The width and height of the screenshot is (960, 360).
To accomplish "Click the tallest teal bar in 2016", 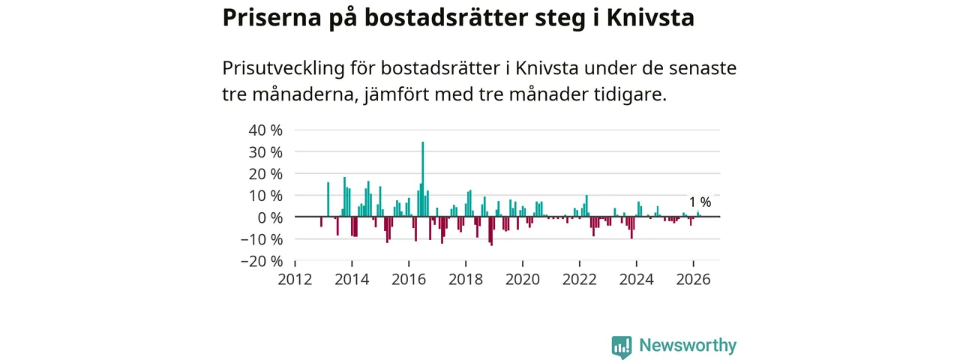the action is tap(422, 179).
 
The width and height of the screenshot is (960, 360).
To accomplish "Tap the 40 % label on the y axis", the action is tap(265, 130).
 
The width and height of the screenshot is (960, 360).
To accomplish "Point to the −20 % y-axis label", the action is tap(262, 261).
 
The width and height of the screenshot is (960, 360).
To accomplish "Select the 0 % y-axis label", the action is tap(270, 217).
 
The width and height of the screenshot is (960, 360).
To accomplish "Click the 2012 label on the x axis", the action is tap(295, 280).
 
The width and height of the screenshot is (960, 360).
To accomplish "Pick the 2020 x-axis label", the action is tap(523, 280).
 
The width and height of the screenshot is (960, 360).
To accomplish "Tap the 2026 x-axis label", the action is tap(693, 280).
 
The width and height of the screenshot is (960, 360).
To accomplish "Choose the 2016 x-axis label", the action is tap(409, 280).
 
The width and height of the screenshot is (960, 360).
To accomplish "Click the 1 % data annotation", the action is tap(700, 202).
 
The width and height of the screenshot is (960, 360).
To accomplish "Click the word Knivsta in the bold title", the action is tap(650, 17).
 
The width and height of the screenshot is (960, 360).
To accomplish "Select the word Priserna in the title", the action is tap(271, 17).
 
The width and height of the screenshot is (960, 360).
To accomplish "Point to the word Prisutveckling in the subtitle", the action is tap(283, 68).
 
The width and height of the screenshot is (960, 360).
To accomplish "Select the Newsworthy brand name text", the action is tap(688, 345).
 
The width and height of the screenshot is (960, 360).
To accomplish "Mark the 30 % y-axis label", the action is tap(265, 152).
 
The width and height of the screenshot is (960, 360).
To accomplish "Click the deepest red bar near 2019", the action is tap(491, 231).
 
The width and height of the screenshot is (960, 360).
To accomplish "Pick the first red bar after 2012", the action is tap(321, 221).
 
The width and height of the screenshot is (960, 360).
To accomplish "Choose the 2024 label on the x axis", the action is tap(637, 280).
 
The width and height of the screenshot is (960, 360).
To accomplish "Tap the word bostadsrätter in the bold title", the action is tap(446, 17).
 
